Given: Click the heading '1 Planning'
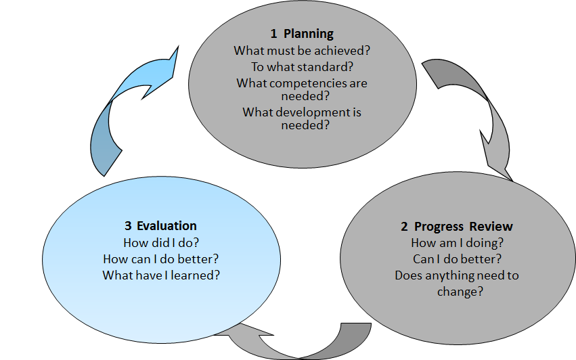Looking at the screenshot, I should (302, 34).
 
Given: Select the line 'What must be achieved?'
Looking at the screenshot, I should (302, 51).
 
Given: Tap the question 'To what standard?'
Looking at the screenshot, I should (302, 66).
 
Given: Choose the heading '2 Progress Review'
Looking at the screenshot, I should (456, 226).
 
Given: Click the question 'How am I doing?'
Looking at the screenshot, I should (456, 243).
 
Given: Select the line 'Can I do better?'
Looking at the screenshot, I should (456, 259).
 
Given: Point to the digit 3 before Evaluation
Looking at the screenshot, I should (127, 226).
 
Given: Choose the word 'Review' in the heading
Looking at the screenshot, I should (493, 226).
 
